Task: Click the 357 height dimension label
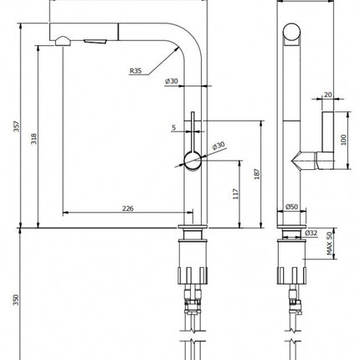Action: [17, 126]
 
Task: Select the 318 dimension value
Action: [33, 139]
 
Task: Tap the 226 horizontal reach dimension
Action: [128, 208]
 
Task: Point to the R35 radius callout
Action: [136, 70]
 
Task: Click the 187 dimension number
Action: [257, 174]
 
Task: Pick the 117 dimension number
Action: [236, 194]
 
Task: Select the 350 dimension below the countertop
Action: [16, 300]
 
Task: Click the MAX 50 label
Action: [329, 244]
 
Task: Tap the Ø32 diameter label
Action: [311, 233]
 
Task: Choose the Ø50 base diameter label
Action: [291, 207]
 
